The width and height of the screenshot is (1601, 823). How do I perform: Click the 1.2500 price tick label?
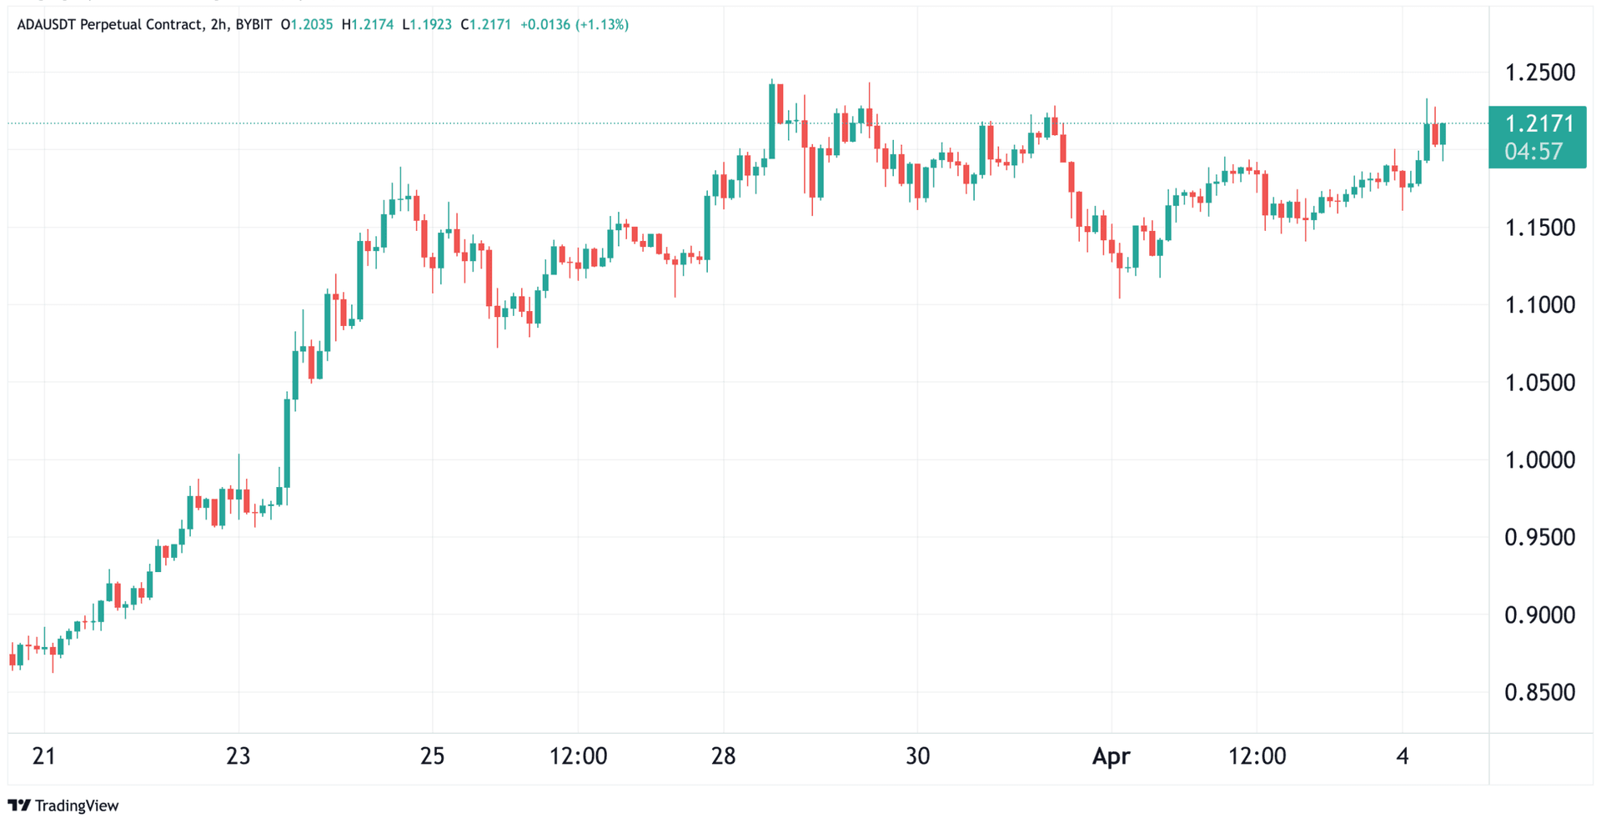1539,73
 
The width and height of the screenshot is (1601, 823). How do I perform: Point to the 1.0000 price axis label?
1539,460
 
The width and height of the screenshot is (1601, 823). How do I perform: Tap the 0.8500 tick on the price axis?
1539,693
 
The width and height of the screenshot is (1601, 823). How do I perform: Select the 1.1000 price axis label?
1539,305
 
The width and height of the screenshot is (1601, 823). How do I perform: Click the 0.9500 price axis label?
1539,538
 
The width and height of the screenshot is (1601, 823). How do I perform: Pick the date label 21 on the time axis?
43,756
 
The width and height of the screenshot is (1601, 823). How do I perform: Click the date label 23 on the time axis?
238,756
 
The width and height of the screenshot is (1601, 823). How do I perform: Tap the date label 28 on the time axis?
723,756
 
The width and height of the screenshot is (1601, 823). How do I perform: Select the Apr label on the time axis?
1111,756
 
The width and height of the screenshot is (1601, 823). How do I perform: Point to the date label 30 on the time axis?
917,756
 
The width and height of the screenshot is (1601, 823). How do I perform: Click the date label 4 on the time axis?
1403,756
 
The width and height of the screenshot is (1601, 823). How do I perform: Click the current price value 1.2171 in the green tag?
1539,124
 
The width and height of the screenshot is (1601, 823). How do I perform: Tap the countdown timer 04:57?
1533,152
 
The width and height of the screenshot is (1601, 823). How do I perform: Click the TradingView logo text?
77,805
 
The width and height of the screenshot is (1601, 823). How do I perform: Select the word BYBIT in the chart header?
253,25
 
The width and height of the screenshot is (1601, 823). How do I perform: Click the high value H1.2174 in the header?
367,25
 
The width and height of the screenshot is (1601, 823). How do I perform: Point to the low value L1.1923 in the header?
426,25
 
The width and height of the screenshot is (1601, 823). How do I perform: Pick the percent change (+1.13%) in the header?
602,25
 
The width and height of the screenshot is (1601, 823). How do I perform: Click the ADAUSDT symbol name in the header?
46,25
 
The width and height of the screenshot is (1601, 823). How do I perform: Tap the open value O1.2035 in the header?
306,25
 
